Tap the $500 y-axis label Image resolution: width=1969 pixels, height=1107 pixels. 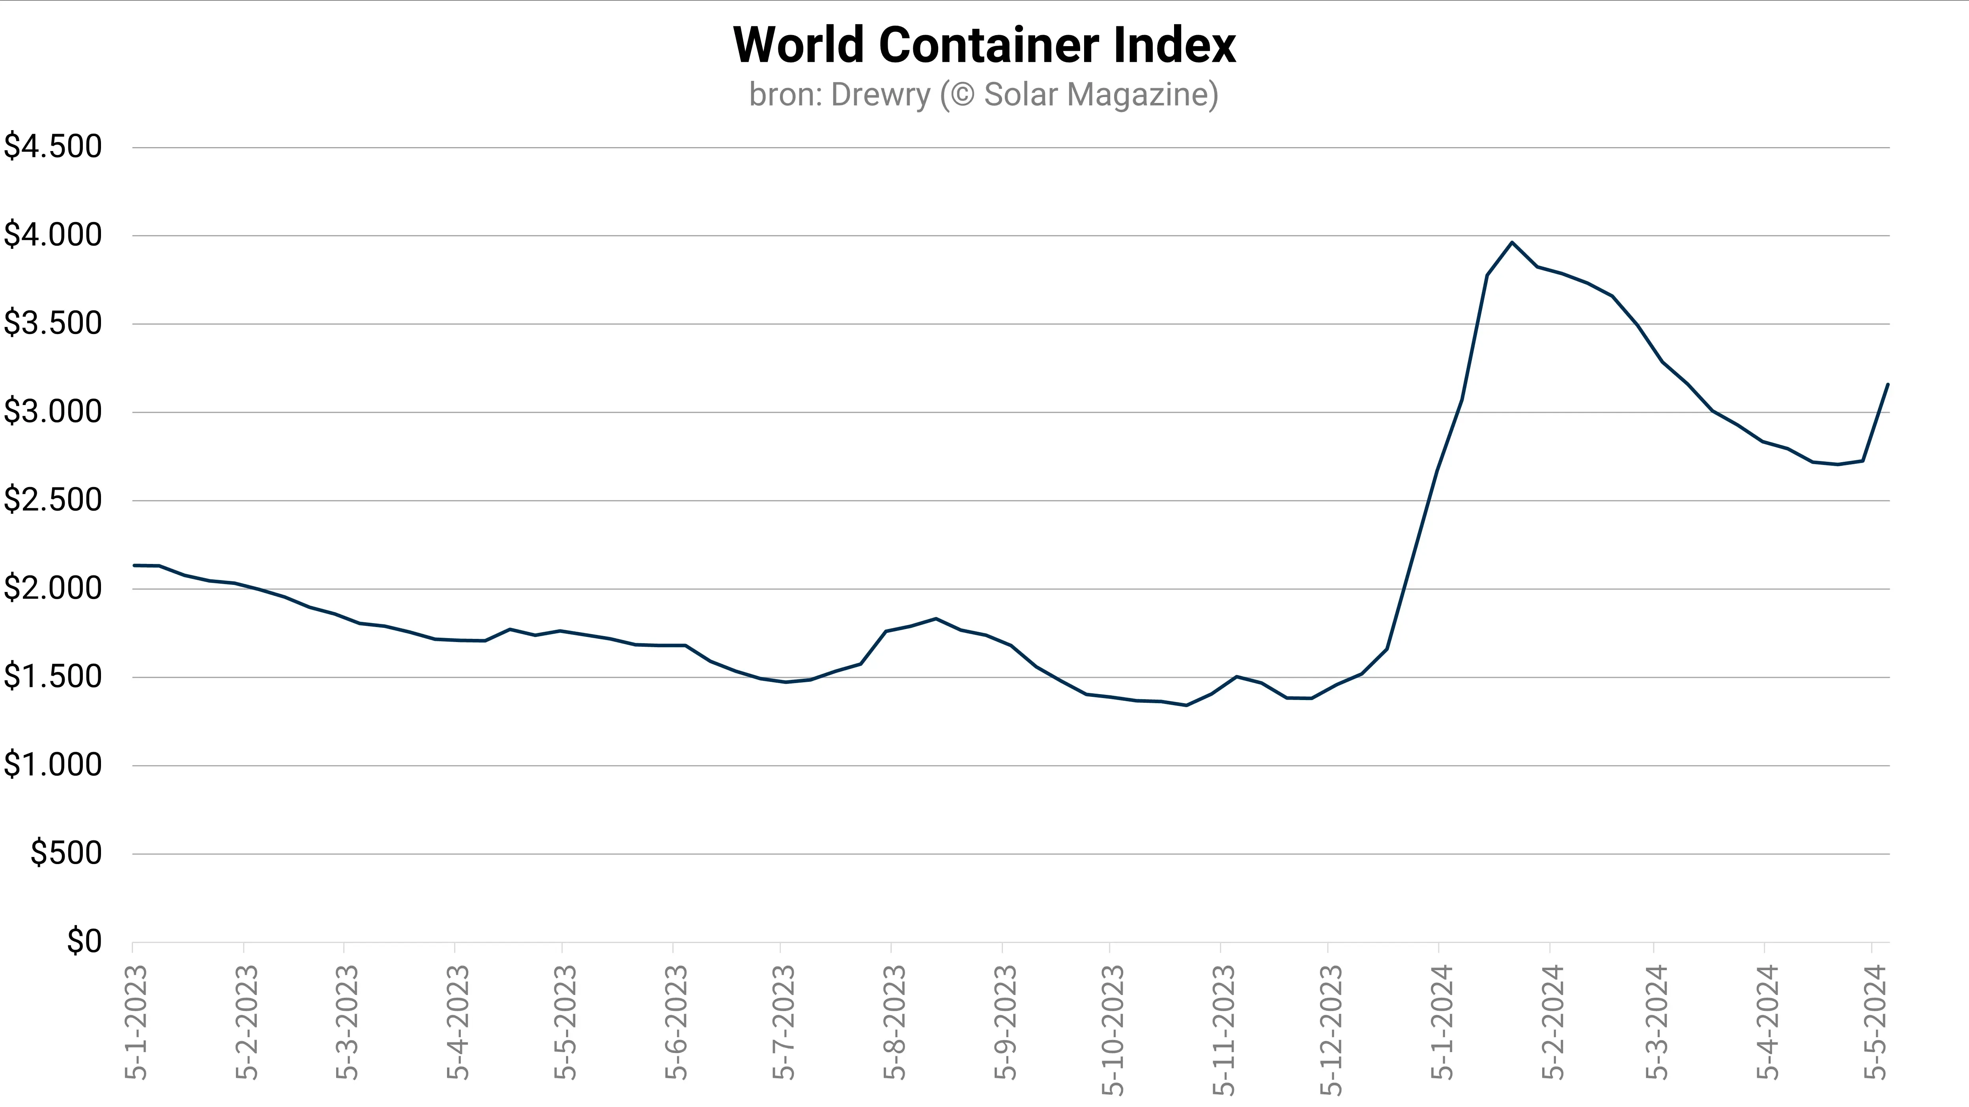[x=66, y=853]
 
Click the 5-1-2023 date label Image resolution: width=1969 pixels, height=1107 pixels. [x=135, y=1022]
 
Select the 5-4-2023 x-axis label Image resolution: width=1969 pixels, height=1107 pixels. [x=457, y=1022]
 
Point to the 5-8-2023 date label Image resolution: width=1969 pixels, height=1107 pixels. [x=894, y=1022]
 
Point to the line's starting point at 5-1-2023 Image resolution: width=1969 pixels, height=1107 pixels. [x=135, y=566]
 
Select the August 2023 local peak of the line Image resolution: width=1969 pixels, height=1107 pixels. [x=936, y=619]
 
